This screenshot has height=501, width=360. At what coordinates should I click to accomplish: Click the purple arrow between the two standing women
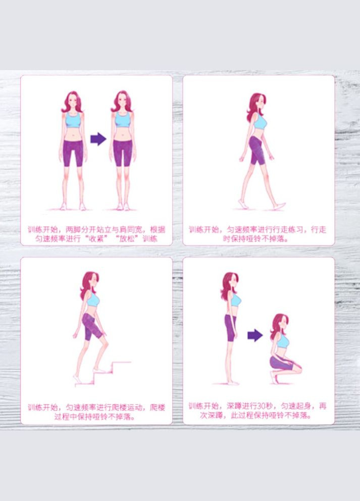click(x=98, y=139)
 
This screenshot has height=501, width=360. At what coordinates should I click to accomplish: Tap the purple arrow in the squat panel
click(x=255, y=335)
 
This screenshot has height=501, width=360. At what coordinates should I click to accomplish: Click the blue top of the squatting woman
click(x=283, y=340)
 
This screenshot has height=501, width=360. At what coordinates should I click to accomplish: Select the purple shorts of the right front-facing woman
click(x=122, y=153)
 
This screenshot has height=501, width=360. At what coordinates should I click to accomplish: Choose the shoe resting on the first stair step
click(x=99, y=370)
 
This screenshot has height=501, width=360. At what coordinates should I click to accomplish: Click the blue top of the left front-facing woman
click(x=73, y=120)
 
